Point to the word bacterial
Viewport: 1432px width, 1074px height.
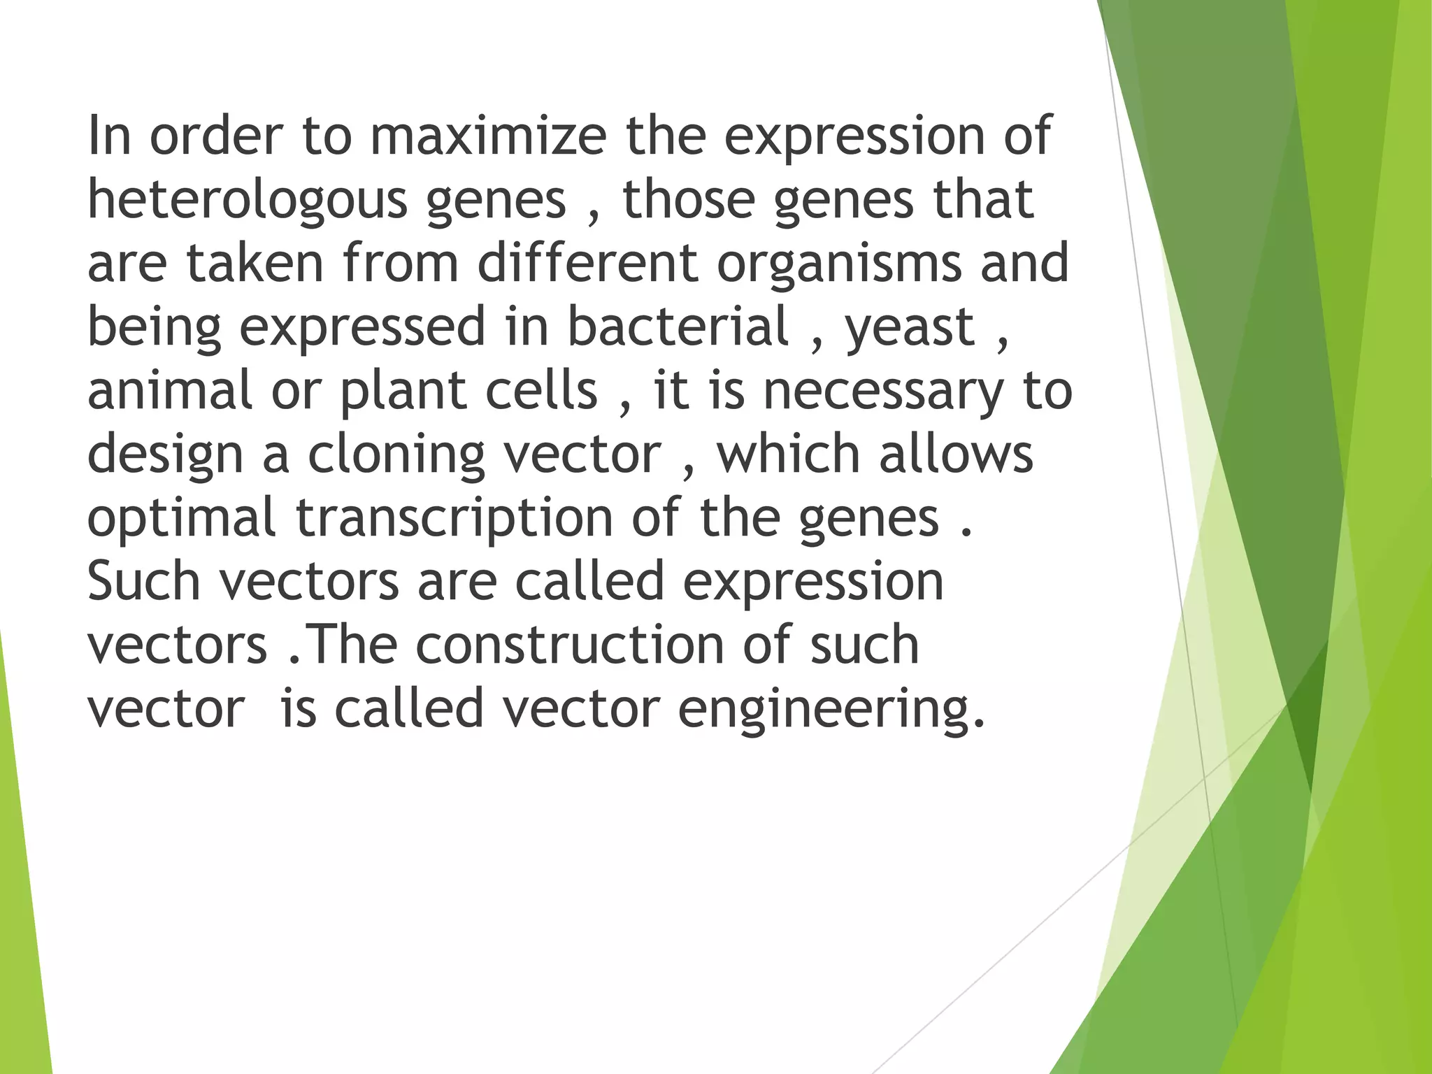(678, 327)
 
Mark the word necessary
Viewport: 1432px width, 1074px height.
(883, 392)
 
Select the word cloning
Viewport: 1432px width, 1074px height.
(396, 455)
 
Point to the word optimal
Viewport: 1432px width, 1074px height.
(182, 518)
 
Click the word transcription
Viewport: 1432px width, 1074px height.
(454, 518)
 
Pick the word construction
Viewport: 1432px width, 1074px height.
(569, 645)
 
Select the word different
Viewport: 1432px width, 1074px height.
(588, 264)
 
